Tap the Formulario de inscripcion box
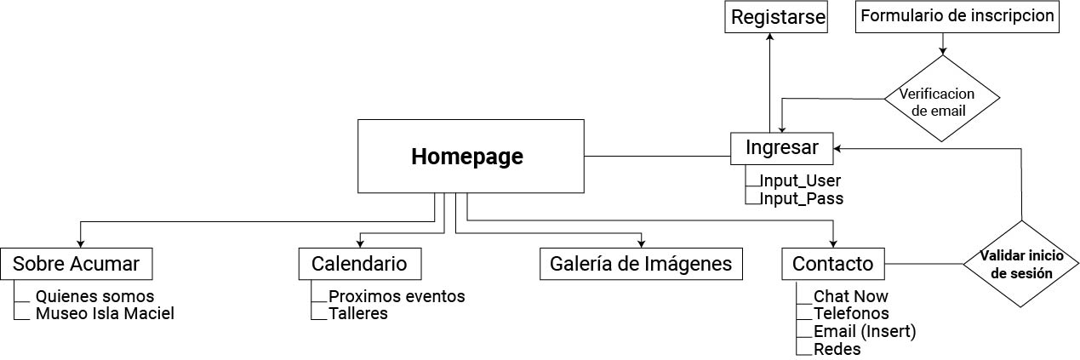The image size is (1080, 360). pos(957,16)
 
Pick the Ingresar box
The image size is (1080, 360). pos(781,148)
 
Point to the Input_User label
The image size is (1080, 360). pos(800,180)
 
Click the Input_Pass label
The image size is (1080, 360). pos(801,198)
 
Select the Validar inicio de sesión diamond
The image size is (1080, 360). pos(1020,264)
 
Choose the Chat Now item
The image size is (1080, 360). pos(850,296)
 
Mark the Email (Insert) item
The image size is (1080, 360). pos(864,331)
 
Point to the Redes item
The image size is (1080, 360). pos(837,349)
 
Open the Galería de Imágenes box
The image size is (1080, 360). pos(641,264)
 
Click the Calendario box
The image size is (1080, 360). pos(359,264)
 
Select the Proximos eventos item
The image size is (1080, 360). pos(397,296)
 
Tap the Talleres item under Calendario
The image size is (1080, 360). pos(357,313)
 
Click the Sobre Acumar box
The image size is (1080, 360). pos(76,264)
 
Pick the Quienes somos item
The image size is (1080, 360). pos(94,296)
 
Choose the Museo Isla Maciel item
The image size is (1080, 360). pos(105,313)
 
